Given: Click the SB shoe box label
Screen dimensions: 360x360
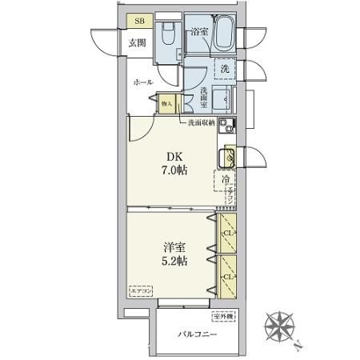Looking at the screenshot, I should click(x=138, y=22).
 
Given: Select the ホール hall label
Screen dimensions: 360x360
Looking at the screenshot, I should click(x=144, y=82).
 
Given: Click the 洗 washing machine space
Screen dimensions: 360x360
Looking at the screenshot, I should click(x=226, y=70).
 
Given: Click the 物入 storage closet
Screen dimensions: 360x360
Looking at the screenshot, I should click(x=166, y=102).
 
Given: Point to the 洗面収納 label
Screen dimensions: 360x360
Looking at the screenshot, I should click(x=201, y=123).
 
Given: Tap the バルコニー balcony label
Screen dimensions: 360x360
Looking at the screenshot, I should click(x=197, y=334).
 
